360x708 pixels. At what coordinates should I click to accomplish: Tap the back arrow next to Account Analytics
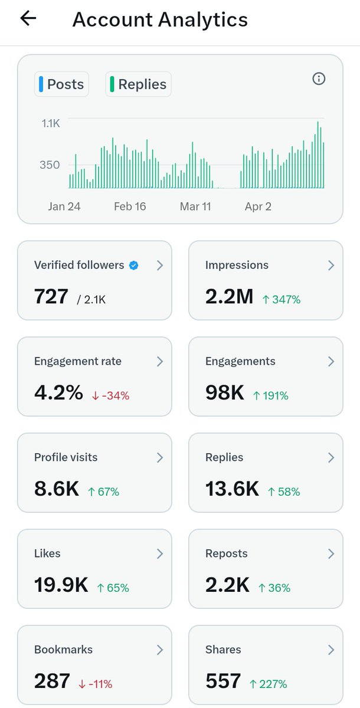click(x=28, y=19)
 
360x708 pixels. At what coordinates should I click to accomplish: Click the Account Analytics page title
click(x=160, y=19)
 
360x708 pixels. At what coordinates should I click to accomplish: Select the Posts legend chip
click(x=61, y=84)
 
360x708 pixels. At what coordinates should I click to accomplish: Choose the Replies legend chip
click(x=138, y=84)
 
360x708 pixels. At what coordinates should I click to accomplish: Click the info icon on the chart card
click(x=319, y=79)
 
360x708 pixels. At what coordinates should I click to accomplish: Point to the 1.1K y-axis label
click(x=50, y=123)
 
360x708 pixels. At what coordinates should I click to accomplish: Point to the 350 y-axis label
click(x=50, y=165)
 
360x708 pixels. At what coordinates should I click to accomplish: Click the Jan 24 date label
click(x=64, y=206)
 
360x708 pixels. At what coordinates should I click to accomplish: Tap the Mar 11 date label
click(x=195, y=206)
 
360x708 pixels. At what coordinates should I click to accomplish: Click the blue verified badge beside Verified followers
click(x=134, y=265)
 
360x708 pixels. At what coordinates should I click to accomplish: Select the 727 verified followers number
click(x=51, y=296)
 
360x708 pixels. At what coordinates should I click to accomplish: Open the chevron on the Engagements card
click(x=330, y=362)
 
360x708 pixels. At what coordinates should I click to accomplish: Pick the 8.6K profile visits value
click(x=56, y=489)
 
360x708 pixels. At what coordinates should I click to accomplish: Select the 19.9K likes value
click(x=61, y=585)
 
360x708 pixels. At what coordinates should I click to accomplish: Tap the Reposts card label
click(x=226, y=553)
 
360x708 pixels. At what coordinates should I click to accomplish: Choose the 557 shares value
click(x=223, y=681)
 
